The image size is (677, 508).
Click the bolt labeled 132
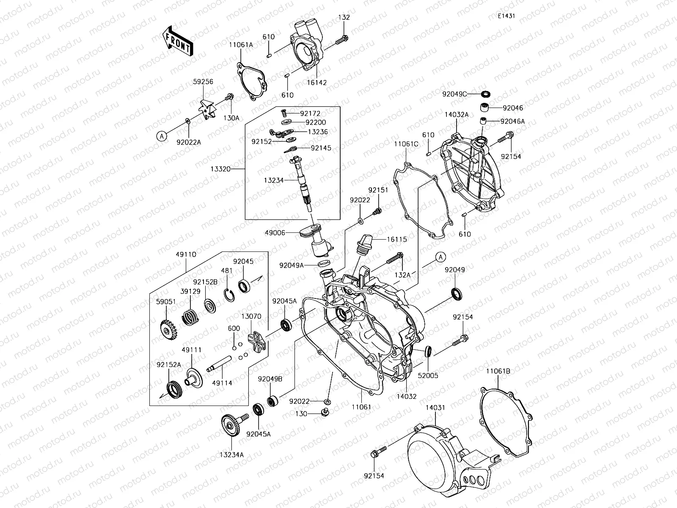(x=341, y=41)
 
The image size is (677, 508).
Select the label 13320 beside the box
(x=231, y=168)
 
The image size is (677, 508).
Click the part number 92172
(x=310, y=113)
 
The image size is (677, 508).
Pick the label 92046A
(x=512, y=121)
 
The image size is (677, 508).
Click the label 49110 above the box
(x=186, y=255)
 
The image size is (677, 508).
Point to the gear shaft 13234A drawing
(x=232, y=424)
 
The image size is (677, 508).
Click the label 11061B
(x=498, y=371)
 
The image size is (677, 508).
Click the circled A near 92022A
(x=161, y=136)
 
